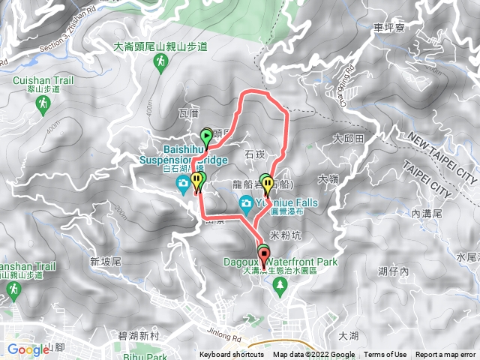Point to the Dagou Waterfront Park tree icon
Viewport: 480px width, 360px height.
280,284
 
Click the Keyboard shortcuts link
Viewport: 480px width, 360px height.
231,355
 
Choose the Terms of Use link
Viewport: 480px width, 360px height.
385,355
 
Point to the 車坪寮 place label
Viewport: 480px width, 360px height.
388,28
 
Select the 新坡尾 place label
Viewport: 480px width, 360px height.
105,262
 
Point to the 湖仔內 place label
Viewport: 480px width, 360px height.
394,271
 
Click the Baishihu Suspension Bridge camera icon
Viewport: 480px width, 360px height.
182,184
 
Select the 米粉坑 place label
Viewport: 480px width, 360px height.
283,235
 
